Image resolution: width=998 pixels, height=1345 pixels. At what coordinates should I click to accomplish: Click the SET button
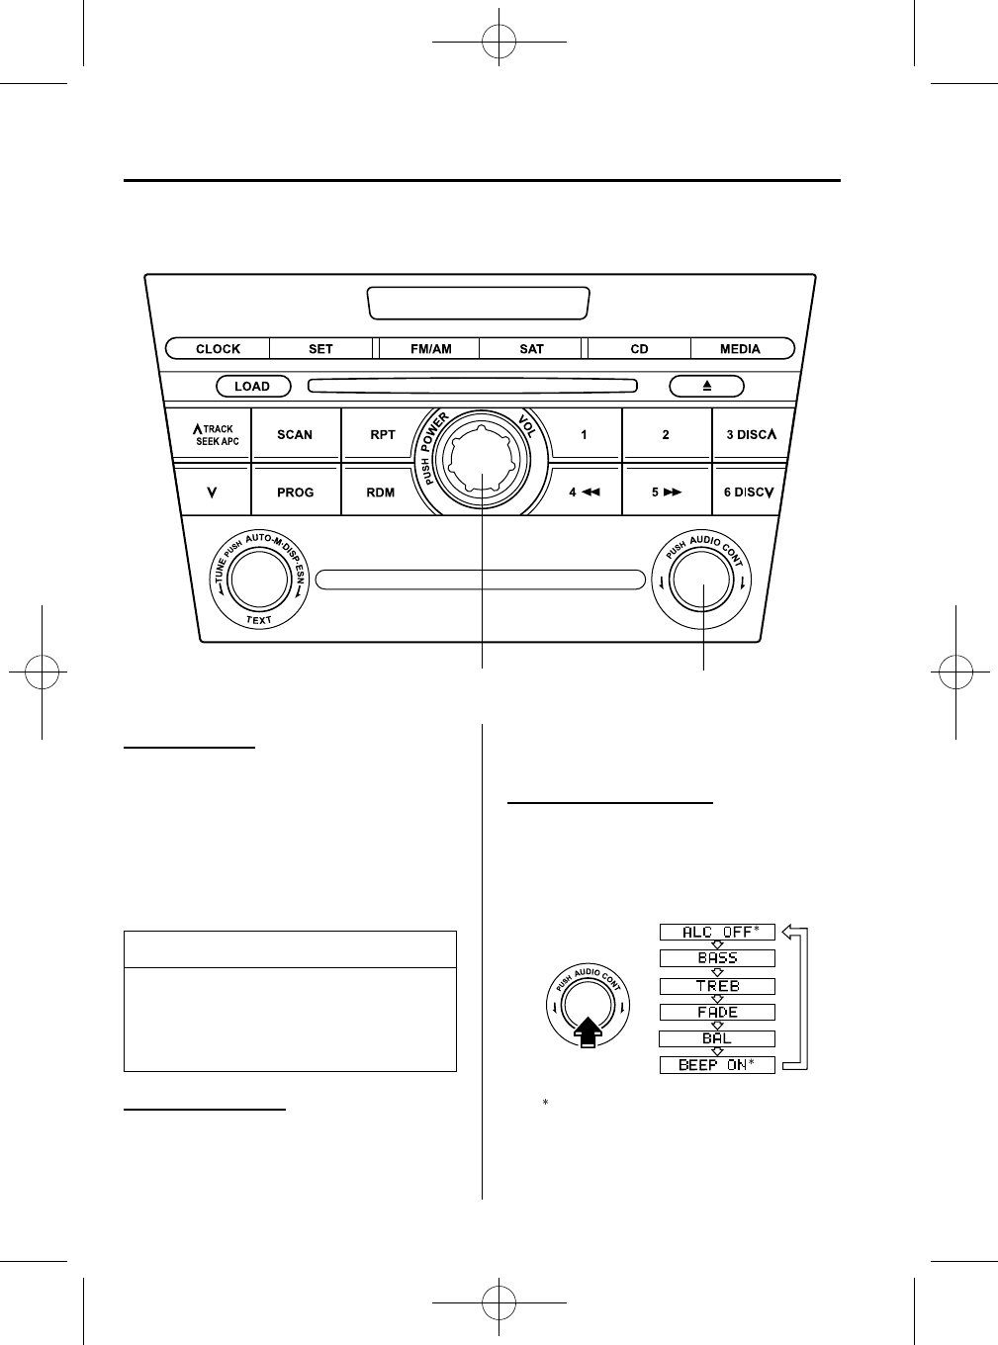click(x=320, y=348)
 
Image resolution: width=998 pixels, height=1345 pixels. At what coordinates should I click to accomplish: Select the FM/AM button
click(x=430, y=348)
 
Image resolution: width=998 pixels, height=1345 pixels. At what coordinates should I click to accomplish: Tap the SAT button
click(x=532, y=348)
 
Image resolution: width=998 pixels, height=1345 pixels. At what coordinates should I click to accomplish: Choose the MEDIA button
click(x=740, y=348)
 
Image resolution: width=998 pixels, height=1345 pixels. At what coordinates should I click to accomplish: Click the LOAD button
click(x=252, y=387)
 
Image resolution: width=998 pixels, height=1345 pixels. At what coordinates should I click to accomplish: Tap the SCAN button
click(x=295, y=434)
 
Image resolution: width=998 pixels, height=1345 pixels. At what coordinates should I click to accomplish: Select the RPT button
click(x=382, y=434)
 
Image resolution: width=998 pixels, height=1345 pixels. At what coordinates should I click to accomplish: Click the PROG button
click(x=295, y=492)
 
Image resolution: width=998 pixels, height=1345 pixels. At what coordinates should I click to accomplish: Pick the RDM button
click(x=381, y=492)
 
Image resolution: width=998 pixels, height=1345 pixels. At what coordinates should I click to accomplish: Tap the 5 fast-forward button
click(x=666, y=492)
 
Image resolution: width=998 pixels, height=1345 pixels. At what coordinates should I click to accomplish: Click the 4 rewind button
click(x=585, y=492)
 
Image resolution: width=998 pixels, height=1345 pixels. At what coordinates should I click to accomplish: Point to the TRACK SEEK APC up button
click(x=214, y=434)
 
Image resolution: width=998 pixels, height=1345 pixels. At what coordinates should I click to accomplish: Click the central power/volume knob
click(x=483, y=462)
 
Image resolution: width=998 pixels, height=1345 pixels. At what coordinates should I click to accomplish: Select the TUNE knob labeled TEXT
click(x=258, y=583)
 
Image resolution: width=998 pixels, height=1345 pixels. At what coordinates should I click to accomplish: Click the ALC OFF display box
click(x=717, y=932)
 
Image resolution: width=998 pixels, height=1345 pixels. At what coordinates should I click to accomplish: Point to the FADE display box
click(x=717, y=1012)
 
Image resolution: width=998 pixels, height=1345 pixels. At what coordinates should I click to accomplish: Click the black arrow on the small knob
click(x=586, y=1032)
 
